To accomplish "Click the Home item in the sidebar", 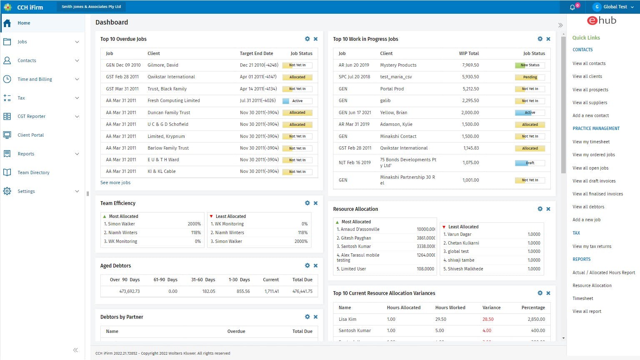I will (24, 23).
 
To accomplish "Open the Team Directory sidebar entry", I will (33, 172).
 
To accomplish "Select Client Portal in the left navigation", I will (30, 135).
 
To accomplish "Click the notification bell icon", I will (572, 7).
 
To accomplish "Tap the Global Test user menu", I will (615, 7).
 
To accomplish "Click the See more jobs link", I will (115, 182).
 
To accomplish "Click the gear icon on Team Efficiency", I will (307, 203).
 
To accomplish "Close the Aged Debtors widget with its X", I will (316, 265).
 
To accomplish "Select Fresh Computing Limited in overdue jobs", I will (174, 100).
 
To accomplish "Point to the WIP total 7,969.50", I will (470, 65).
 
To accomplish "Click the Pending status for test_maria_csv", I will (530, 77).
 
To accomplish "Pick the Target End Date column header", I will (256, 53).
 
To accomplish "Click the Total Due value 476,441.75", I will (302, 291).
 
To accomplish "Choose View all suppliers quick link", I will (590, 102).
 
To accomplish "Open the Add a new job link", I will (586, 220).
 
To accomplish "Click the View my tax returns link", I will (592, 246).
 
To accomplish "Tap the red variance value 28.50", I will (488, 319).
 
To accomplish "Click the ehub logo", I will (601, 20).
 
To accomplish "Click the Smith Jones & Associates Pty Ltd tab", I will (91, 7).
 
